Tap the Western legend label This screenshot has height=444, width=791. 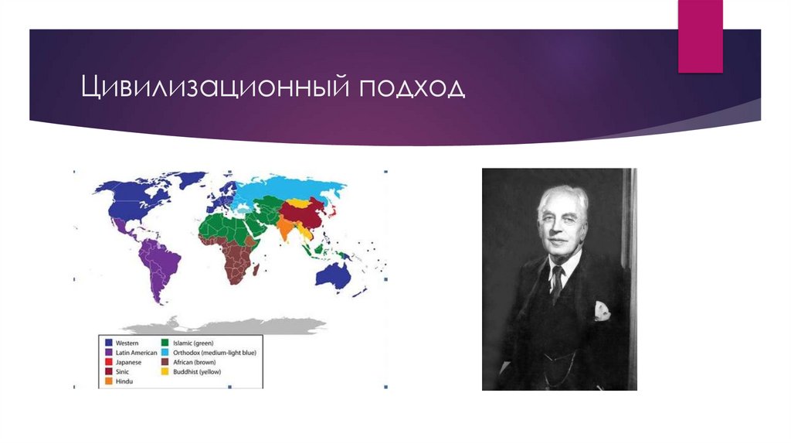point(127,341)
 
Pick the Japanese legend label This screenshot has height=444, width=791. point(128,362)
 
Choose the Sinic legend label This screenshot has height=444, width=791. point(122,372)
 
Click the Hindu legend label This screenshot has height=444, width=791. point(124,381)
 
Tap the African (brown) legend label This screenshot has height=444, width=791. point(195,362)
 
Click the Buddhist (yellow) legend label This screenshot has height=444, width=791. point(199,372)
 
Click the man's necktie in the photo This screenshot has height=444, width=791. point(556,282)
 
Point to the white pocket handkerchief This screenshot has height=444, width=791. point(601,311)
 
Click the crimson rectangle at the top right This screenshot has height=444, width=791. point(700,36)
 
